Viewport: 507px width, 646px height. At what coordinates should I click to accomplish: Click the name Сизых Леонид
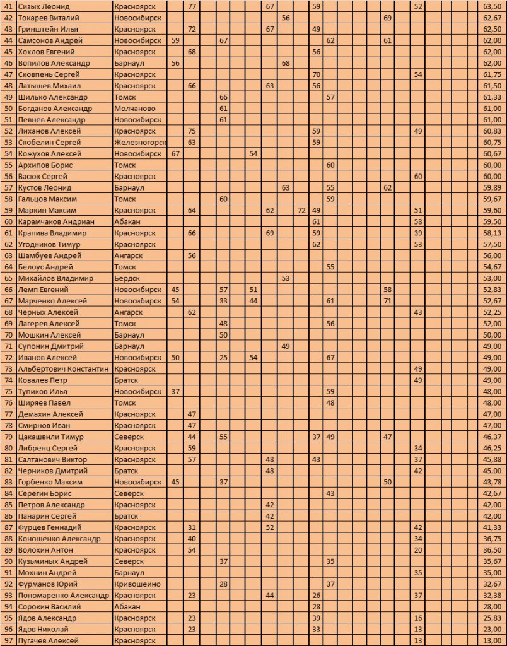pos(44,6)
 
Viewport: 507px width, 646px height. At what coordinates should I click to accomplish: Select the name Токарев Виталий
pos(48,18)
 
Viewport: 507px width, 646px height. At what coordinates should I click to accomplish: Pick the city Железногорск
pos(140,143)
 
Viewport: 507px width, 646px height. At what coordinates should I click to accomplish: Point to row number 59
pos(8,210)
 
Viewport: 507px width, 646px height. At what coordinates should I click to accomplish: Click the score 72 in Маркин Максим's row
pos(301,210)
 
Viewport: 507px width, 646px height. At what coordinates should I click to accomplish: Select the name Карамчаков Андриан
pos(56,221)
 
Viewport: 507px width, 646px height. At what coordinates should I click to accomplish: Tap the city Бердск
pos(129,278)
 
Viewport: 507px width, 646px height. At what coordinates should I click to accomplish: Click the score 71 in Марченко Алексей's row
pos(387,301)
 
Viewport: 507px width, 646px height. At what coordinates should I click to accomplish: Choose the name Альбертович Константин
pos(63,368)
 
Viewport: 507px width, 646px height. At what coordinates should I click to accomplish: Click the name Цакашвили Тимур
pos(51,437)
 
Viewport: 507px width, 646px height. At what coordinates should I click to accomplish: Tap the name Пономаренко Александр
pos(63,595)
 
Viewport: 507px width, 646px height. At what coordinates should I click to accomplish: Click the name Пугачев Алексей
pos(49,640)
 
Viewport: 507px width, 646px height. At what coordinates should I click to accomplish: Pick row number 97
pos(8,640)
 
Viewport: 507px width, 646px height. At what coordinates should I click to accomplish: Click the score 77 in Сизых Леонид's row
pos(192,6)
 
